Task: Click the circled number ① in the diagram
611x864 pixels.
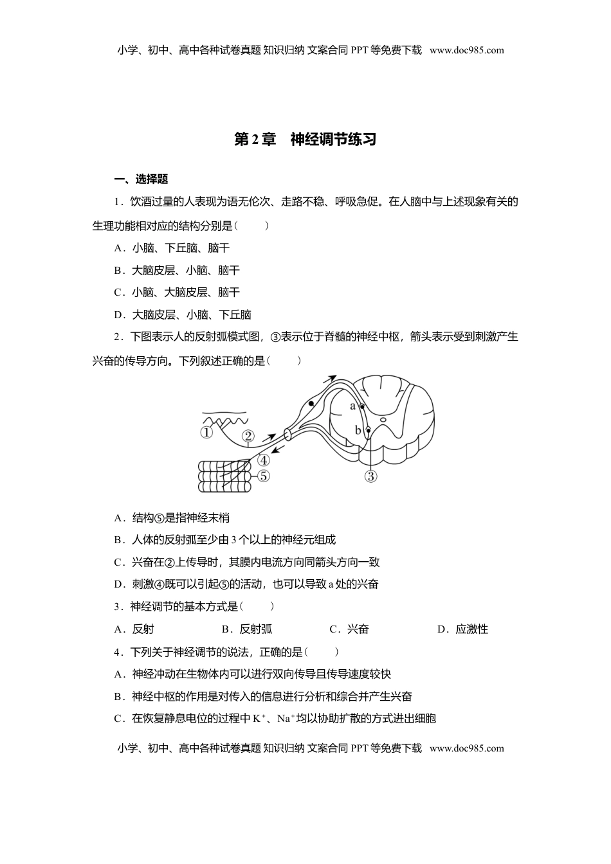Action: tap(206, 433)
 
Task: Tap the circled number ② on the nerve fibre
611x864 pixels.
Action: tap(248, 437)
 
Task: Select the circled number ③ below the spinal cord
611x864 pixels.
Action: tap(370, 476)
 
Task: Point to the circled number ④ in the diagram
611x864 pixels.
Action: tap(263, 460)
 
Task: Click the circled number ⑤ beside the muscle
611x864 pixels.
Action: tap(263, 476)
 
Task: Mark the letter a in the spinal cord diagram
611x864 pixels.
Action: tap(352, 406)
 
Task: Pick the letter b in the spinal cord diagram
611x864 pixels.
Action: tap(358, 430)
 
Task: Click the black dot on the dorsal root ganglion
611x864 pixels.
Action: tap(311, 403)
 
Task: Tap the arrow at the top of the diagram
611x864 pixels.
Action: tap(331, 379)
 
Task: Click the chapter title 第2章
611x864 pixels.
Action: tap(255, 139)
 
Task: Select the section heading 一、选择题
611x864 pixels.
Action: tap(141, 179)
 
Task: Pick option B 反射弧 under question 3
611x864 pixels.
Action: tap(248, 629)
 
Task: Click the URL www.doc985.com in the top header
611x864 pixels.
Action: tap(467, 50)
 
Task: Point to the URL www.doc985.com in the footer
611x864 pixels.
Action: tap(467, 748)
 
